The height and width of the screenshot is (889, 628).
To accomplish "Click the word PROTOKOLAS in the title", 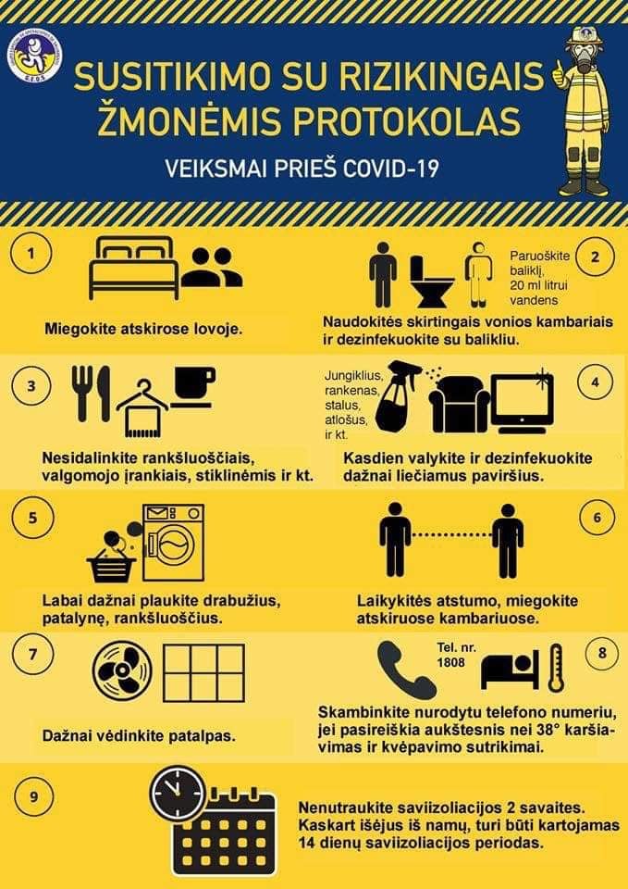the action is [407, 120].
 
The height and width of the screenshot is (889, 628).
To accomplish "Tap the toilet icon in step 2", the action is [432, 282].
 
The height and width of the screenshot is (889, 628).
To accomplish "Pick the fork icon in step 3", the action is [81, 393].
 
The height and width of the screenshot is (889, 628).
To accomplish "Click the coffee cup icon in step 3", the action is [193, 387].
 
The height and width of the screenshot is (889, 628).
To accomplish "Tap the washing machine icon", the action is [172, 543].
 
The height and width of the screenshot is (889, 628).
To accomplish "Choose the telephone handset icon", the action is [405, 670].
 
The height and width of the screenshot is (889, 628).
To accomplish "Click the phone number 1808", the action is [450, 662].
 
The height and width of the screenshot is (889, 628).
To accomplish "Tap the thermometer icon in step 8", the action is [557, 668].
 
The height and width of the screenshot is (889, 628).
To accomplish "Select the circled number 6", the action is [597, 519].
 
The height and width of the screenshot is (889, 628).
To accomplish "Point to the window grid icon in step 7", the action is [203, 672].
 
